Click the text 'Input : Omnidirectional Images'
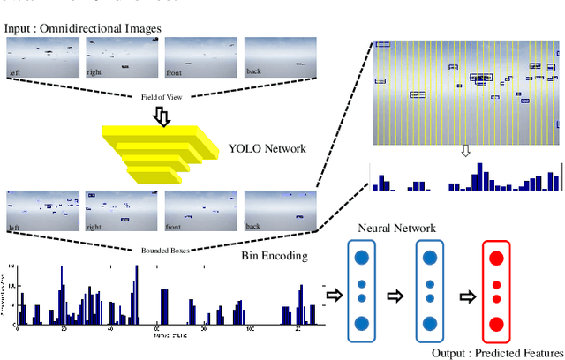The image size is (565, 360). (x=83, y=29)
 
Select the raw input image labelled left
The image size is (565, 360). (x=42, y=59)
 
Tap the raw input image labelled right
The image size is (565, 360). (x=122, y=59)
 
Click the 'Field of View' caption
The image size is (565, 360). (x=161, y=97)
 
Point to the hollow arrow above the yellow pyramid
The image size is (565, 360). (x=162, y=116)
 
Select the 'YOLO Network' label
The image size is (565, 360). (x=267, y=148)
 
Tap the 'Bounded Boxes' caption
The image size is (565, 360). (x=161, y=250)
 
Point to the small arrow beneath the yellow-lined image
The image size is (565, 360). (x=465, y=151)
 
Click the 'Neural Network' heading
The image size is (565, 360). (x=395, y=228)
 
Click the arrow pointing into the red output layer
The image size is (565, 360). (x=461, y=295)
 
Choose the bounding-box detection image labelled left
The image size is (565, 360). (x=42, y=211)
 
